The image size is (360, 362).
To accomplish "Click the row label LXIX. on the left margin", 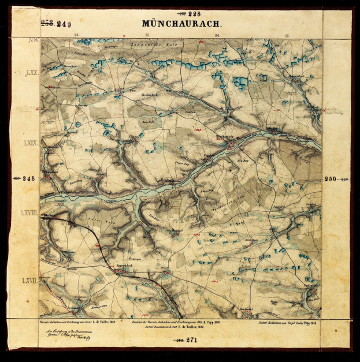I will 30,143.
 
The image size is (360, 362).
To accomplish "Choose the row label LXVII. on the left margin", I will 29,281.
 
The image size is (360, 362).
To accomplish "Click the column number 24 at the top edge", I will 217,36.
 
